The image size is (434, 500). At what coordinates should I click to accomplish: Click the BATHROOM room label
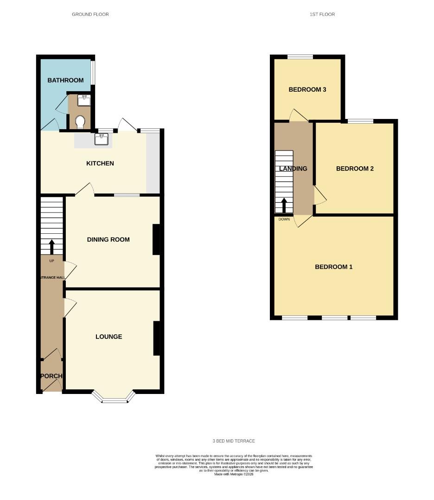[x=65, y=80]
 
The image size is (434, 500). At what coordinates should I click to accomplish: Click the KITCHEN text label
[x=100, y=163]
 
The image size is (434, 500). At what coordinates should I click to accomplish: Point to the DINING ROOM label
[x=108, y=239]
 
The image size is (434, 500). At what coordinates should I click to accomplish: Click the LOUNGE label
[x=109, y=337]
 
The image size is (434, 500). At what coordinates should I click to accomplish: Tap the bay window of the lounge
[x=114, y=398]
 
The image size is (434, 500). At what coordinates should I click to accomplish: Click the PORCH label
[x=51, y=376]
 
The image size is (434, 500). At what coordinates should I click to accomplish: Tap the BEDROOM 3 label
[x=307, y=89]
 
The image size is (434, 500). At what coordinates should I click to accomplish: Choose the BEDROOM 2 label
[x=355, y=169]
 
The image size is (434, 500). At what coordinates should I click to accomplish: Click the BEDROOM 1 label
[x=334, y=267]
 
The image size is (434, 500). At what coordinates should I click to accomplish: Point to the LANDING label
[x=293, y=169]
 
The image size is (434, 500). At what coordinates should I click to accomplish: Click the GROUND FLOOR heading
[x=90, y=14]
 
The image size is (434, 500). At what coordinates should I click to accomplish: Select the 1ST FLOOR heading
[x=322, y=14]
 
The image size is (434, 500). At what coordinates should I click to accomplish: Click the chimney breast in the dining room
[x=156, y=239]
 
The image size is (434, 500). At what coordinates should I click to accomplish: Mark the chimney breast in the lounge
[x=156, y=338]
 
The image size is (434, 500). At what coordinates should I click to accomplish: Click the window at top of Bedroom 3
[x=300, y=57]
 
